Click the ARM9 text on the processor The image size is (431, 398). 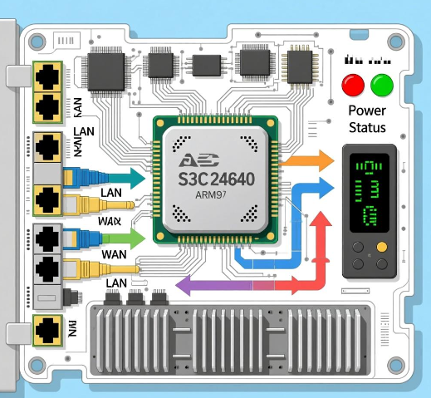click(x=209, y=196)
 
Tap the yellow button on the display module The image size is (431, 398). click(x=381, y=247)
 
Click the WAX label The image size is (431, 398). click(x=110, y=222)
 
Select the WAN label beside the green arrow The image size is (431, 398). click(x=114, y=253)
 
